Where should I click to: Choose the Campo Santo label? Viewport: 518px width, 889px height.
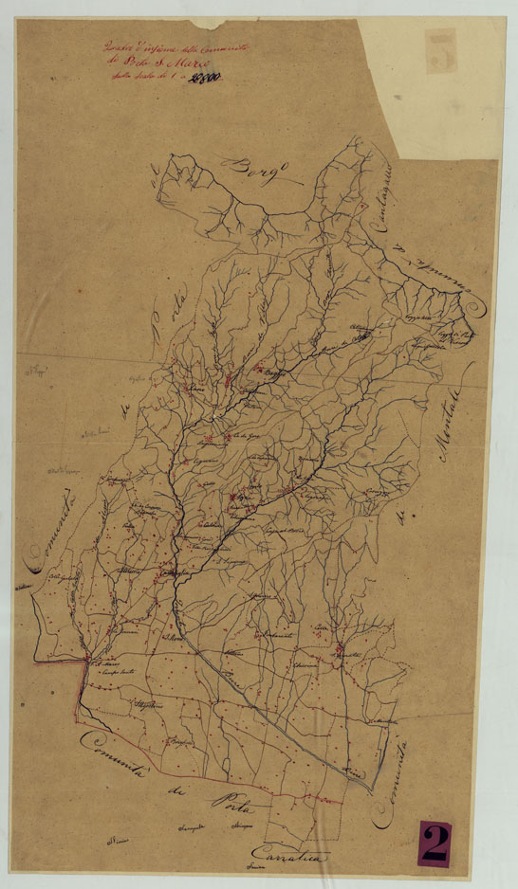pyautogui.click(x=112, y=672)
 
